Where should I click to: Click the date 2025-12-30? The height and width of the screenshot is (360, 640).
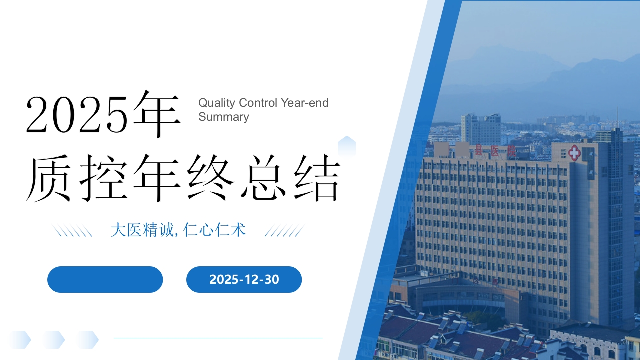pyautogui.click(x=244, y=279)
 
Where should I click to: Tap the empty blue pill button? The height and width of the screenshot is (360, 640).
pyautogui.click(x=105, y=279)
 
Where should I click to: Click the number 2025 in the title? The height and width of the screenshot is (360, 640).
pyautogui.click(x=76, y=115)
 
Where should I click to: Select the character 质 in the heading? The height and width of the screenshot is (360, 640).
pyautogui.click(x=48, y=178)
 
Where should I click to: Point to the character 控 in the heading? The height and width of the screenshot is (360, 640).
pyautogui.click(x=103, y=178)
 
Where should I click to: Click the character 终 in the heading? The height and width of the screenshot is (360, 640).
pyautogui.click(x=211, y=178)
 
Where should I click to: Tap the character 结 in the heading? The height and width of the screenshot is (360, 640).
pyautogui.click(x=317, y=178)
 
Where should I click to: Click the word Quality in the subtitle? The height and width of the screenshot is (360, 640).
pyautogui.click(x=217, y=103)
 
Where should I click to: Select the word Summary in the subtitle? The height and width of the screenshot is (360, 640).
pyautogui.click(x=223, y=117)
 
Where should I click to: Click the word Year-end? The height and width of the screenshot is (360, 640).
pyautogui.click(x=304, y=103)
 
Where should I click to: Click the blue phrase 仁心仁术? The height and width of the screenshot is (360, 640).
pyautogui.click(x=214, y=230)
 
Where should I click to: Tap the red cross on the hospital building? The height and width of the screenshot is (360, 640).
pyautogui.click(x=574, y=153)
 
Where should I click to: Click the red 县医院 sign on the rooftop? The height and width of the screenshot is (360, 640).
pyautogui.click(x=495, y=150)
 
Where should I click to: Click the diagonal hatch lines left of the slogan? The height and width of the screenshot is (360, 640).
pyautogui.click(x=72, y=230)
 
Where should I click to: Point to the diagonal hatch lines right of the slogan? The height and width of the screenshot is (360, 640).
pyautogui.click(x=285, y=230)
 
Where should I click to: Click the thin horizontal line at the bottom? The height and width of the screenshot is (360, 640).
pyautogui.click(x=218, y=338)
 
